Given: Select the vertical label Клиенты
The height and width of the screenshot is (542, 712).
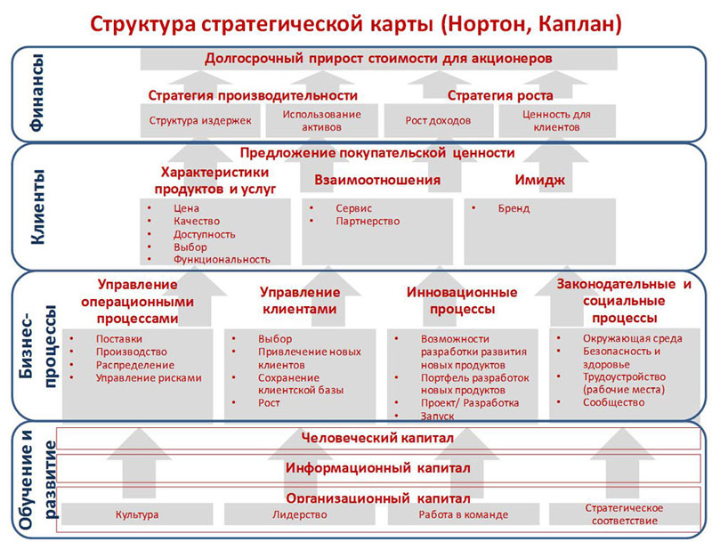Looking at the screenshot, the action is tap(37, 207).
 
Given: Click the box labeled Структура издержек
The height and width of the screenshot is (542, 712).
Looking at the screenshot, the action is tap(200, 121).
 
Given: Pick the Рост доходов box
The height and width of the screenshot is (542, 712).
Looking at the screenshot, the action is tap(438, 121).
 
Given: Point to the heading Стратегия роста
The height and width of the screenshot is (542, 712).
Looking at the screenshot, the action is tap(500, 95).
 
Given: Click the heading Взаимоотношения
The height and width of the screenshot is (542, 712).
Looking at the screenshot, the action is tap(377, 180).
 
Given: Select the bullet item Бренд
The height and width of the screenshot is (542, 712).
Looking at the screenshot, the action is tap(514, 208).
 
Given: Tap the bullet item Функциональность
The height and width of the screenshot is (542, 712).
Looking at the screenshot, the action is tap(222, 260).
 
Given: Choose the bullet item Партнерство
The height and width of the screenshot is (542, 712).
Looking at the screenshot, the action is tap(368, 221).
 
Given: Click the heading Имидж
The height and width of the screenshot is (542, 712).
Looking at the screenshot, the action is tap(540, 180).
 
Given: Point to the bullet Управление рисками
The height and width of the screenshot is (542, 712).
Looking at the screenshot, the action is tap(149, 377).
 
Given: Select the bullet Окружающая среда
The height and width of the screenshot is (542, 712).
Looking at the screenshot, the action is tap(633, 338).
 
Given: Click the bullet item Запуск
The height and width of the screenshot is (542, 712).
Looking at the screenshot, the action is tap(437, 416).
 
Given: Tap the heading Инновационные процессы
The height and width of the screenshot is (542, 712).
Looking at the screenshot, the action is tap(462, 301).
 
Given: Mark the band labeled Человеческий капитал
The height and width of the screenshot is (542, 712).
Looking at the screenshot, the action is tap(377, 438).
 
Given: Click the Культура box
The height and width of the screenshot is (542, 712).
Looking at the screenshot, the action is tap(137, 514).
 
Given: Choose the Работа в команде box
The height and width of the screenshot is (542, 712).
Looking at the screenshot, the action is tap(463, 514).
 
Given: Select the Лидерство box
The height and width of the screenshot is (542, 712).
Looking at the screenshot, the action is tap(300, 514).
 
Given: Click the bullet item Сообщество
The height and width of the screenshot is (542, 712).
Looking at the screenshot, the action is tap(614, 402).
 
